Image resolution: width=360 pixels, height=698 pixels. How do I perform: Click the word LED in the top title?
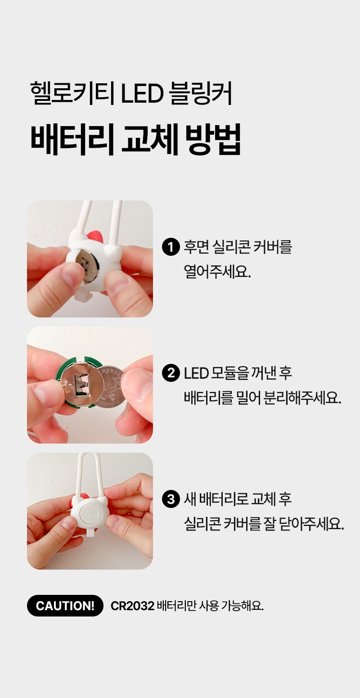click(x=142, y=93)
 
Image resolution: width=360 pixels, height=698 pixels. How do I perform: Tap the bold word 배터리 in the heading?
click(x=72, y=139)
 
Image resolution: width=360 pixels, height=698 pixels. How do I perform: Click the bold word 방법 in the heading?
click(x=213, y=139)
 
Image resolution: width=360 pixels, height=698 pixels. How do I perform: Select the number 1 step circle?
click(x=171, y=247)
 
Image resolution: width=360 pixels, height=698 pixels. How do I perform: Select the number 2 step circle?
click(x=171, y=373)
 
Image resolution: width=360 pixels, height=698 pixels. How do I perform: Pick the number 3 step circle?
click(x=171, y=499)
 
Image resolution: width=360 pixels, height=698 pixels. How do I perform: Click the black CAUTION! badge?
click(x=65, y=605)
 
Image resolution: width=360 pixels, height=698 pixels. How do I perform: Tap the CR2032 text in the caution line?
click(x=132, y=606)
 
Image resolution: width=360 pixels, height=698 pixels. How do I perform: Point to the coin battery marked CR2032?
click(x=111, y=386)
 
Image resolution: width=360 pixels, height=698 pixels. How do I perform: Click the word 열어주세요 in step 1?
click(x=217, y=272)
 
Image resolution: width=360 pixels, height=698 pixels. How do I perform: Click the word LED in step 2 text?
click(x=196, y=373)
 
